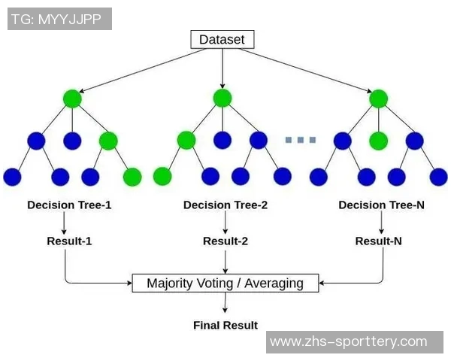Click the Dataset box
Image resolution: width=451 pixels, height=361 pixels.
(x=222, y=39)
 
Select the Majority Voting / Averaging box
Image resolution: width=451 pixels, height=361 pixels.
(x=225, y=284)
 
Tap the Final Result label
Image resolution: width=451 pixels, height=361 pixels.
(x=225, y=326)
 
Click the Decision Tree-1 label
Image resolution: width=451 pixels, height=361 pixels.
(x=69, y=205)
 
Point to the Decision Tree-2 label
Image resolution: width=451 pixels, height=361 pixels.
(x=225, y=205)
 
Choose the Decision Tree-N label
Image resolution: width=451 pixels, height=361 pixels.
(x=382, y=205)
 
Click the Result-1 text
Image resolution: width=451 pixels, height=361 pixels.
(x=69, y=241)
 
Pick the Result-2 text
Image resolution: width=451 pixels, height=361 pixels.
(x=225, y=241)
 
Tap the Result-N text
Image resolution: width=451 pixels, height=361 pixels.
(x=378, y=241)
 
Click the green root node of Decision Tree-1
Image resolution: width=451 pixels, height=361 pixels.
(x=72, y=99)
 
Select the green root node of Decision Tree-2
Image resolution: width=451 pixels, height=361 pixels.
(x=222, y=98)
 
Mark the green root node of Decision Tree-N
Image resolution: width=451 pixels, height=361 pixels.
(x=378, y=99)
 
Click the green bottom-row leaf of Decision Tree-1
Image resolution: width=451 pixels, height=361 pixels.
(x=132, y=177)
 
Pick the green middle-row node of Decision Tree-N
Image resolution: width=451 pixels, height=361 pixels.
(x=378, y=141)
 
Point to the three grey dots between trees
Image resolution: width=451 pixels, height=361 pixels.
(x=301, y=140)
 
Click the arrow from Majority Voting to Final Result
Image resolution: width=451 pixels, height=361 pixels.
(x=225, y=303)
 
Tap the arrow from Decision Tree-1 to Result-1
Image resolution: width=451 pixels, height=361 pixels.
(x=65, y=223)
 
